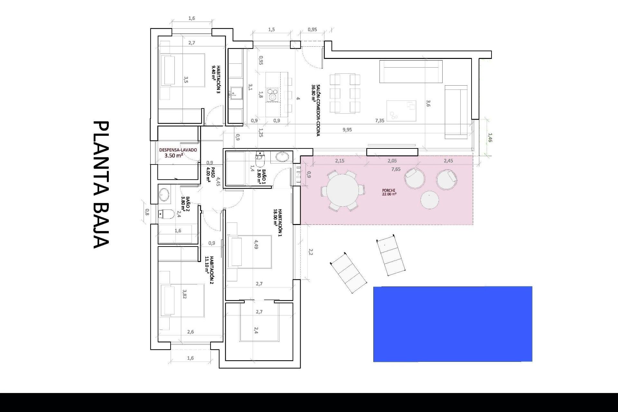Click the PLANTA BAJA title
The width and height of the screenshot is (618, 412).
click(x=101, y=184)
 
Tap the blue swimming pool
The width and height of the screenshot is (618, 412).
click(x=453, y=324)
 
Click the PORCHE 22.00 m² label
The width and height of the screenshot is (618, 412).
click(x=389, y=192)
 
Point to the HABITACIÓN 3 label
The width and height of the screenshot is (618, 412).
click(x=216, y=79)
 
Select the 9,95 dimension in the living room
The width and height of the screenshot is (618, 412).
click(x=347, y=130)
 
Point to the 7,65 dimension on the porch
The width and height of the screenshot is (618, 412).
click(x=396, y=169)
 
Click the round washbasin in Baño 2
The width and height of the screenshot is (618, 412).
click(x=164, y=195)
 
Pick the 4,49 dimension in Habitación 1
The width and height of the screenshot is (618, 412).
click(x=256, y=244)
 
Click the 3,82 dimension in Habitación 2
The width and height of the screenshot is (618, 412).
click(x=184, y=294)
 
